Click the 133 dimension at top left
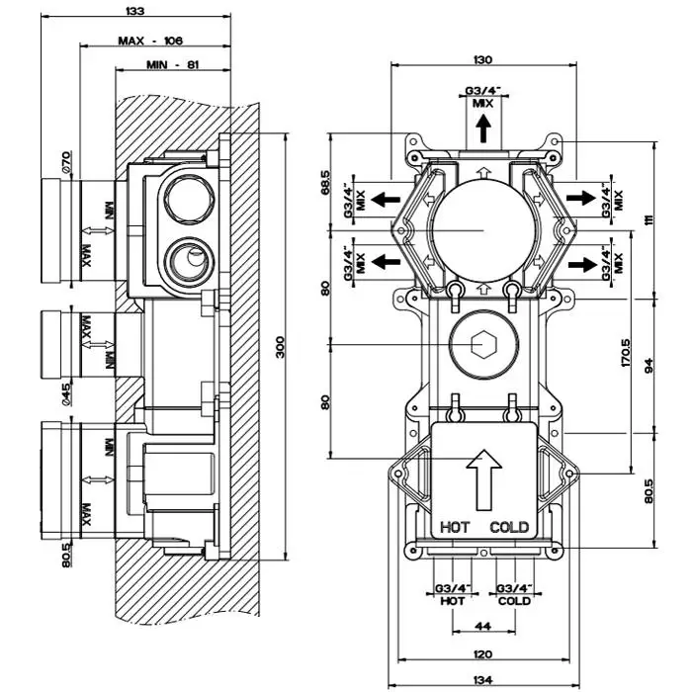[x=136, y=11]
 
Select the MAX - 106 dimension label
[x=151, y=41]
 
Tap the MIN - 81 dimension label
[x=174, y=65]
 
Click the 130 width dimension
[x=482, y=60]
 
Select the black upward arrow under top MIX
[x=482, y=130]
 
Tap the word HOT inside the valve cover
[x=456, y=527]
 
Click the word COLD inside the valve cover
[x=510, y=527]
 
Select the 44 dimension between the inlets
[x=483, y=626]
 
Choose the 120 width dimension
[x=482, y=654]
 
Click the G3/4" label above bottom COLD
[x=514, y=590]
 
